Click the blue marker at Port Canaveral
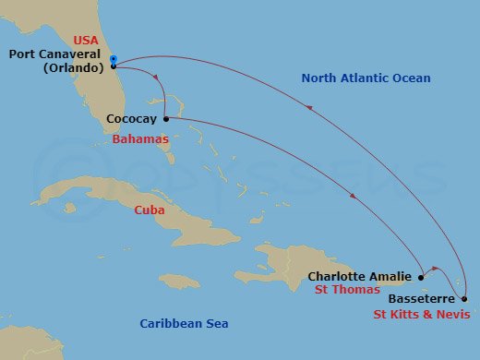tap(113, 60)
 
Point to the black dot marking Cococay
tap(165, 118)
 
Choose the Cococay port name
tap(132, 119)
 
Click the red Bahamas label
tap(140, 138)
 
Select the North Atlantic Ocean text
tap(366, 78)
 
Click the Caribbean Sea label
tap(184, 323)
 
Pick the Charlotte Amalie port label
tap(359, 275)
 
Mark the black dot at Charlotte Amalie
tap(421, 276)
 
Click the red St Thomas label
tap(346, 291)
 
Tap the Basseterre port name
tap(421, 299)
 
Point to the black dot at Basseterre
tap(463, 299)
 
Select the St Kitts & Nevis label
tap(421, 315)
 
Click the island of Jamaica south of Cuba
tap(181, 279)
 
